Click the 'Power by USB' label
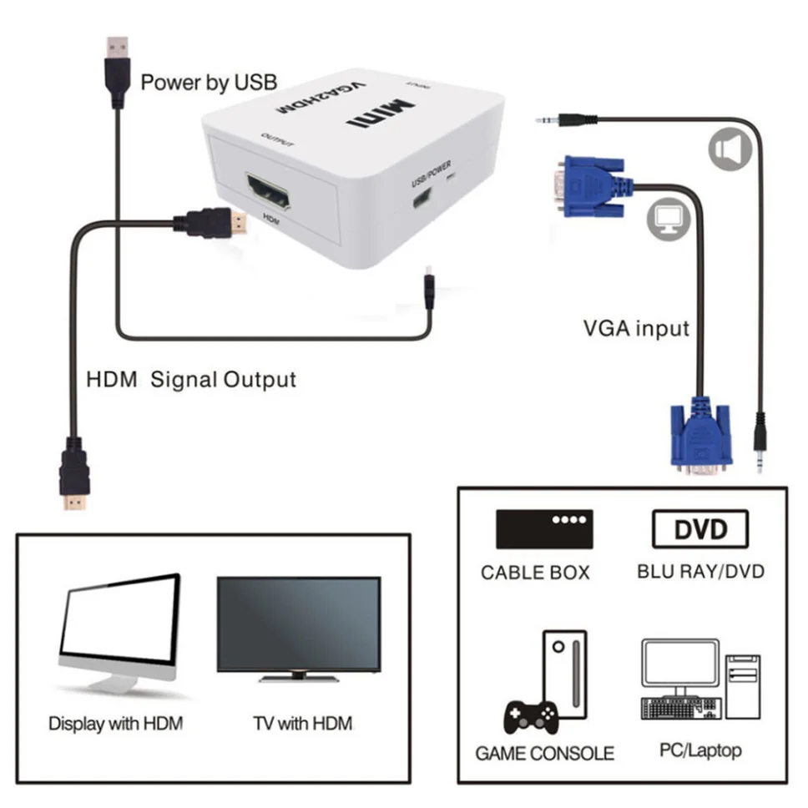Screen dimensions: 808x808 [x=208, y=83]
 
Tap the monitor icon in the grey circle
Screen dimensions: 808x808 [x=668, y=219]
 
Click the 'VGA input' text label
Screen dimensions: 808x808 [x=636, y=328]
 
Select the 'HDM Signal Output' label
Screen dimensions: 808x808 [x=191, y=380]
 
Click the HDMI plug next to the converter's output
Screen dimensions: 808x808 [x=212, y=222]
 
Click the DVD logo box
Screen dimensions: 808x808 [x=700, y=529]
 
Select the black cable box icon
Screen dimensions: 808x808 [x=544, y=529]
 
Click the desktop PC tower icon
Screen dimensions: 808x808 [x=742, y=689]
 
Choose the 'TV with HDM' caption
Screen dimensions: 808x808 [x=302, y=723]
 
